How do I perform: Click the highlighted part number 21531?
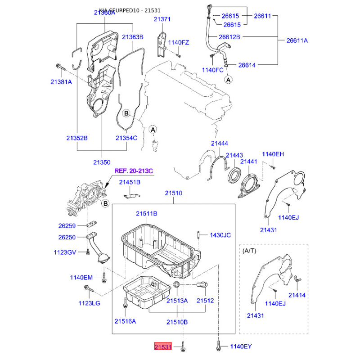[162, 347]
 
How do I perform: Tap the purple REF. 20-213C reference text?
[134, 171]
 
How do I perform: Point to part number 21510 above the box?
[173, 193]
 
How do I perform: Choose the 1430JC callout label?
[220, 235]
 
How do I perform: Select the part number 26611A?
[297, 40]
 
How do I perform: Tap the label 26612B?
[229, 36]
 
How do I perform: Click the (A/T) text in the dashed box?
[250, 250]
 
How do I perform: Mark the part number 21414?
[297, 295]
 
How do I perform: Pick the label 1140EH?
[273, 154]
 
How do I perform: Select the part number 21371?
[162, 19]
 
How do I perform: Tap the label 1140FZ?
[179, 42]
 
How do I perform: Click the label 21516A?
[125, 321]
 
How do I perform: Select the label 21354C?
[126, 138]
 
